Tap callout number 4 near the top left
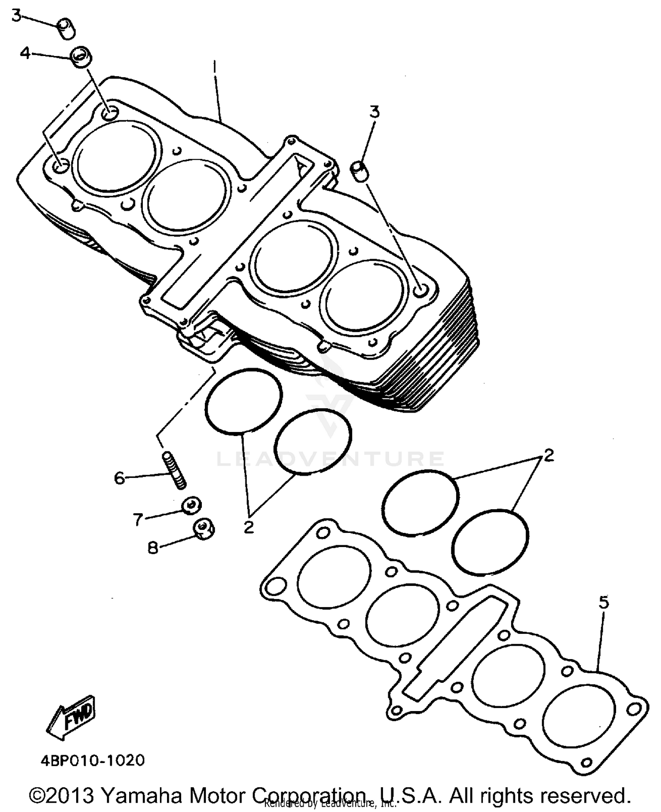tap(25, 54)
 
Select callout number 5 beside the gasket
tap(604, 602)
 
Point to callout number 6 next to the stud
tap(120, 478)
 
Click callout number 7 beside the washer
tap(138, 520)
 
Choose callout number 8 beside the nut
tap(152, 548)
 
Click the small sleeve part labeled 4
tap(81, 57)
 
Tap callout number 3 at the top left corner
tap(16, 16)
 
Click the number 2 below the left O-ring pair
tap(249, 527)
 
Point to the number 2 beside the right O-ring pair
tap(548, 455)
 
